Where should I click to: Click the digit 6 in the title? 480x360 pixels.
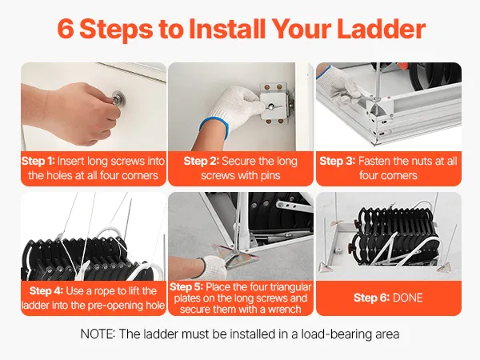pyautogui.click(x=66, y=29)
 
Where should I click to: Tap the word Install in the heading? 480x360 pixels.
pyautogui.click(x=227, y=29)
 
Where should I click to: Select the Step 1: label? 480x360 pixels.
pyautogui.click(x=38, y=162)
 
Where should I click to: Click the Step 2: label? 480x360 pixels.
pyautogui.click(x=201, y=162)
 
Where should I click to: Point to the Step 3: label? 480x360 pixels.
pyautogui.click(x=338, y=162)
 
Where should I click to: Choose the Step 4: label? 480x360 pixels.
pyautogui.click(x=46, y=291)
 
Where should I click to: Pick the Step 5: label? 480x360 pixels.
pyautogui.click(x=186, y=287)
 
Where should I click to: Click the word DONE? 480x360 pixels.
pyautogui.click(x=408, y=298)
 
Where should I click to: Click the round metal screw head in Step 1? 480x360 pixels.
pyautogui.click(x=118, y=98)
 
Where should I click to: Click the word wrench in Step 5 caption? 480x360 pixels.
pyautogui.click(x=285, y=310)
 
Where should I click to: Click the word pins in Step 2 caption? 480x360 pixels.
pyautogui.click(x=270, y=176)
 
